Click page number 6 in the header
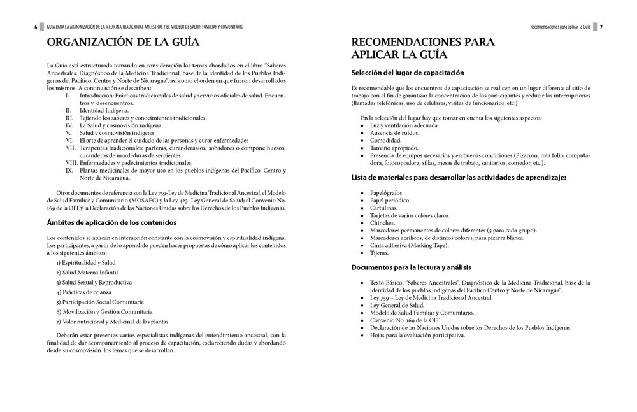(x=36, y=27)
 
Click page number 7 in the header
(x=601, y=27)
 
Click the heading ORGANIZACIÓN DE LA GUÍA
(x=123, y=43)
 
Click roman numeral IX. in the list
(x=69, y=170)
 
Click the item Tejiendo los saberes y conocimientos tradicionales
(x=134, y=118)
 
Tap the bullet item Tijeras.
(x=380, y=253)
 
